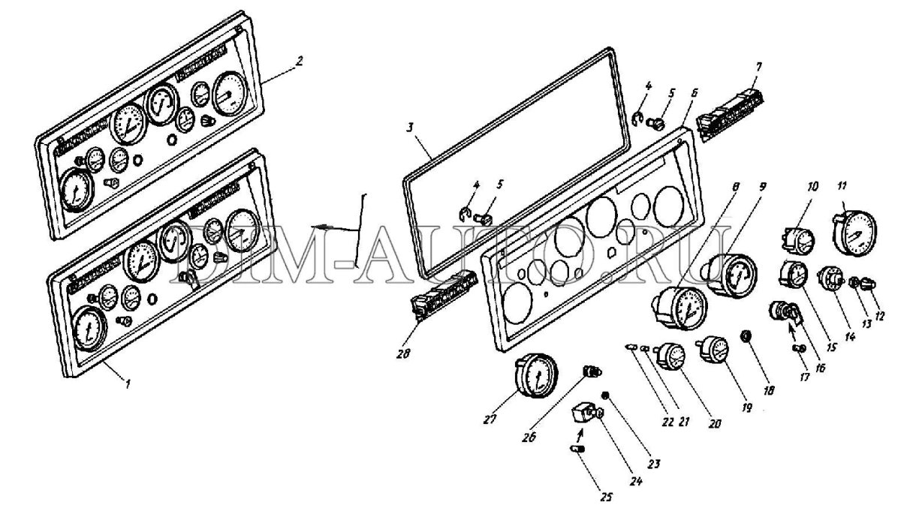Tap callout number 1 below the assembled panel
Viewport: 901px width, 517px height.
tap(128, 383)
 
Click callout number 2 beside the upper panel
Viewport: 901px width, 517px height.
tap(299, 62)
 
